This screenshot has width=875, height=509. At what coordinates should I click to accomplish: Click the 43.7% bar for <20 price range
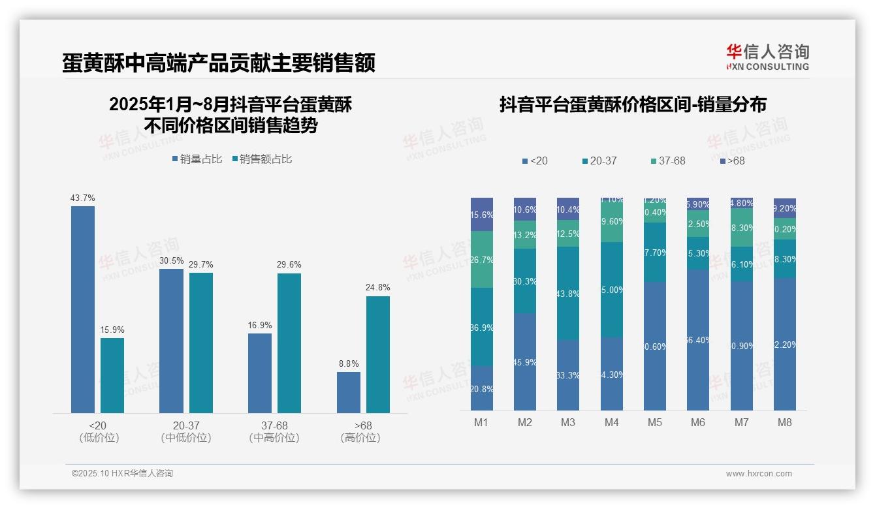point(83,309)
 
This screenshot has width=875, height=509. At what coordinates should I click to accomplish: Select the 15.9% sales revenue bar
point(112,375)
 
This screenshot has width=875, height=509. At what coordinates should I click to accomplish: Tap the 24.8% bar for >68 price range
point(378,354)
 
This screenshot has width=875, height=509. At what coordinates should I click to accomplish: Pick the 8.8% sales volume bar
point(349,392)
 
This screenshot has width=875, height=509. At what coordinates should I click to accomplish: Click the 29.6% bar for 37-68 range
point(289,343)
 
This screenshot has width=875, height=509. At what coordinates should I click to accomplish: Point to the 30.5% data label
point(171,260)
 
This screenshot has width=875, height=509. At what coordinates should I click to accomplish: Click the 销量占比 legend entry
point(197,159)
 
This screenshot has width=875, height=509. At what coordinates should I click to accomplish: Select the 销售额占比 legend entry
point(262,159)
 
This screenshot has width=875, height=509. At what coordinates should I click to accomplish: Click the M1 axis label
point(481,422)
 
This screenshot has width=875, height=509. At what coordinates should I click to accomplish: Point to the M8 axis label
point(785,422)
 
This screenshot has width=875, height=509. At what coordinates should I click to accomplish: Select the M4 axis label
point(611,422)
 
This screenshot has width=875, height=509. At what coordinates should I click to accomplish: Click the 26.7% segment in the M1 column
point(482,260)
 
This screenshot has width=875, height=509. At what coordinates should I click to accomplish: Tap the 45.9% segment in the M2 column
point(525,362)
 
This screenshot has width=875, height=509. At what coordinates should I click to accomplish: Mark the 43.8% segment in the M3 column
point(568,294)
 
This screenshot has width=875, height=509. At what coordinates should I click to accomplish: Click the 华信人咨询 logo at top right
point(767,57)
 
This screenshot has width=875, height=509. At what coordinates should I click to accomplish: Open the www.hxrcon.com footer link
point(759,474)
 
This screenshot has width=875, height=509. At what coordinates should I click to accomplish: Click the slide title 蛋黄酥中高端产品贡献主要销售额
point(219,63)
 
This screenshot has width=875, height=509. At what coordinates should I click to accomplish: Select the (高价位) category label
point(360,438)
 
